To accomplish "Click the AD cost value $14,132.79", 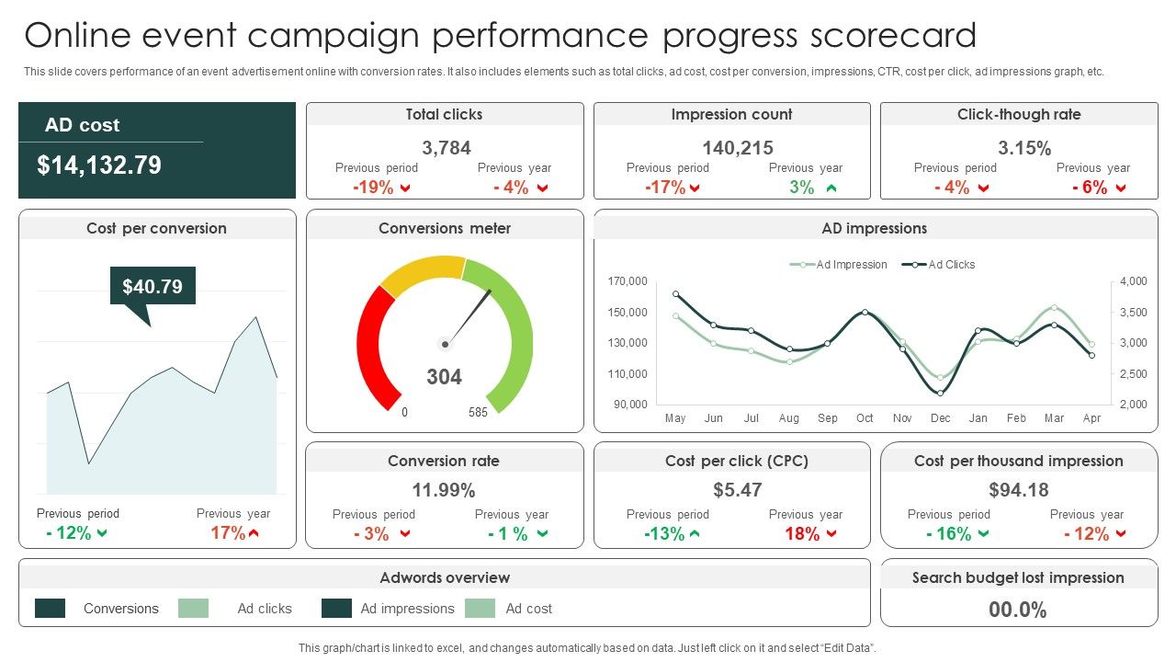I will point(99,165).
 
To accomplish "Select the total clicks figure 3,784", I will point(447,148).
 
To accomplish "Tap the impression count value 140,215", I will point(738,148).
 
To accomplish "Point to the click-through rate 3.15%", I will point(1024,148).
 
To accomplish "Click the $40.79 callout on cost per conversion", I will point(153,287).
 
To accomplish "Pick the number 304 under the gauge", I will point(445,377).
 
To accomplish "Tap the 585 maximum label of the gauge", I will point(478,413).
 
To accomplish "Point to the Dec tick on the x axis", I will point(940,418).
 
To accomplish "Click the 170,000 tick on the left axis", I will point(628,281).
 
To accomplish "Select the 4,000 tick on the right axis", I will point(1134,281).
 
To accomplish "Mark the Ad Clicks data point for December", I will point(940,393).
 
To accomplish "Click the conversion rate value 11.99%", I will point(444,490).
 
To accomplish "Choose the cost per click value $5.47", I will point(738,490).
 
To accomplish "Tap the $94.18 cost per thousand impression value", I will point(1019,490).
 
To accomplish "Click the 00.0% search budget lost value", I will point(1018,610).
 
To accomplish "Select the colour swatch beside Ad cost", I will point(480,609).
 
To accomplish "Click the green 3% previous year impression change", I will point(802,188).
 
